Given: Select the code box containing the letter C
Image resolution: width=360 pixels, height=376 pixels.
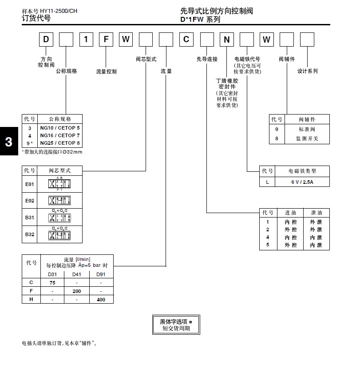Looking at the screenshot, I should tap(186, 40).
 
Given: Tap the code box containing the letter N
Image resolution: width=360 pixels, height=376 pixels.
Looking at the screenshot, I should tap(226, 40).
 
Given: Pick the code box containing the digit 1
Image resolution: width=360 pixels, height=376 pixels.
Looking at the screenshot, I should tap(86, 40).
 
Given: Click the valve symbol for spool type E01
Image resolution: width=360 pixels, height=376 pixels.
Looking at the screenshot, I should tap(59, 183).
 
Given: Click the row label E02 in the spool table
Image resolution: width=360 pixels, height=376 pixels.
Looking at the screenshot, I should tap(30, 201).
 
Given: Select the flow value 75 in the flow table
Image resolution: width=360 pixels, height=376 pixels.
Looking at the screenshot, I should tap(52, 282).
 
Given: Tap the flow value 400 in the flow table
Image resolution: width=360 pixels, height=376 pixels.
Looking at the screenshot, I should tap(101, 299).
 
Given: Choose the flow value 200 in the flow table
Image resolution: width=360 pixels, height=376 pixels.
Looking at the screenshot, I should tap(77, 291).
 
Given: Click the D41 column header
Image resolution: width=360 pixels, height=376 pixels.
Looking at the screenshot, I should tap(77, 274).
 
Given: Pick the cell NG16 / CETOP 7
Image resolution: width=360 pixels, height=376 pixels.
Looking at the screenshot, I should tap(60, 135).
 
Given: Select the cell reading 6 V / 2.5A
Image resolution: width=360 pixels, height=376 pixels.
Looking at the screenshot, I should tap(302, 182).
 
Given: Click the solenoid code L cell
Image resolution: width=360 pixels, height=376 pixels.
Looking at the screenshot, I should tap(268, 182).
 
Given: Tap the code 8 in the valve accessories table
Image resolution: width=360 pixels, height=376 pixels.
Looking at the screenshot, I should tap(277, 139).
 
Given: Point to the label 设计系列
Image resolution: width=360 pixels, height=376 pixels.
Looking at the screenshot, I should tap(307, 71).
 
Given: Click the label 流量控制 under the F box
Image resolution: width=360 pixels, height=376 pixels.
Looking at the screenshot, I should tap(107, 71).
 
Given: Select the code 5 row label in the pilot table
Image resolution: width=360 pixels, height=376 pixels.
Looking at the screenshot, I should tap(268, 245).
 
